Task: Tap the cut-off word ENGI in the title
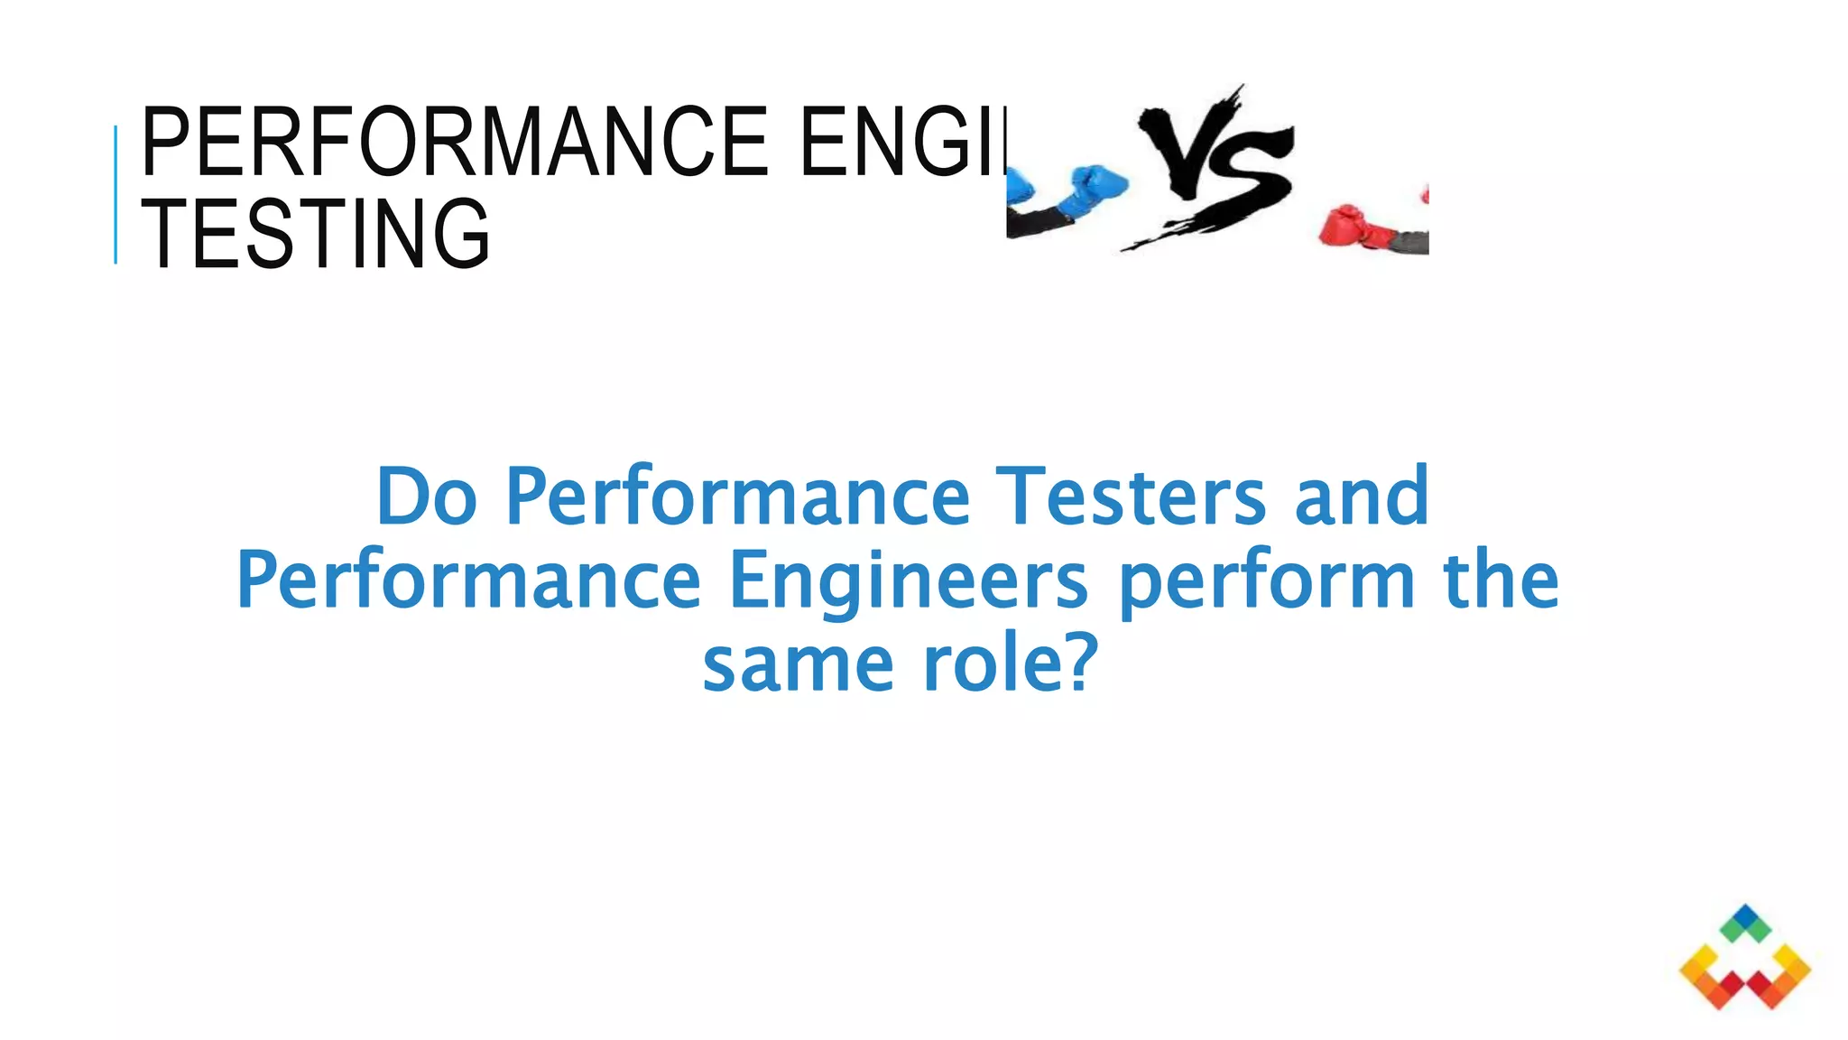click(x=902, y=142)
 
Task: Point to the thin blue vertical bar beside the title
click(x=115, y=194)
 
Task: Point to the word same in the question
click(x=798, y=664)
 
